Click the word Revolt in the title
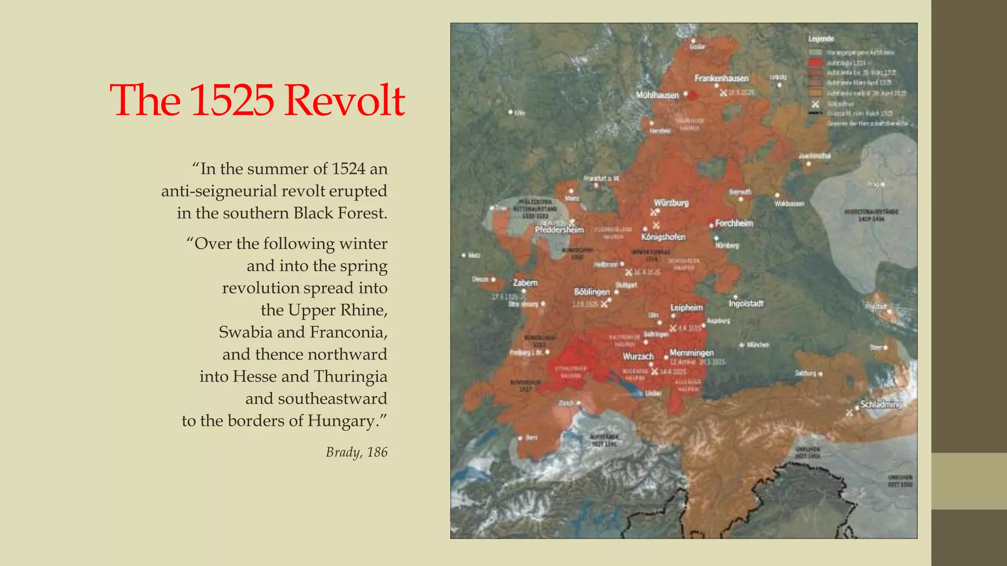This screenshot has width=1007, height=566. click(x=344, y=100)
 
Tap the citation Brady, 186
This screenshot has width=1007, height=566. click(x=356, y=452)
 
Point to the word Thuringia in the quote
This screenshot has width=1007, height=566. click(x=351, y=377)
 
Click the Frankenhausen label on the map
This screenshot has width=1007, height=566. click(x=721, y=79)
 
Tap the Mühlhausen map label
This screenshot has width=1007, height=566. click(x=657, y=95)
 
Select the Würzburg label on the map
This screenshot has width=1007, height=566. click(x=671, y=203)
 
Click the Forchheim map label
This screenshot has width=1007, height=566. click(x=734, y=224)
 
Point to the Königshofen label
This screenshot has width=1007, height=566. click(x=663, y=237)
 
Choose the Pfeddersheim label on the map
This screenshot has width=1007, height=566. click(x=559, y=230)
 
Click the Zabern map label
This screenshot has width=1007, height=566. click(x=525, y=283)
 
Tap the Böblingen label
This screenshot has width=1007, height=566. click(x=592, y=292)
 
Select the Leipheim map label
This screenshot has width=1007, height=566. click(x=686, y=308)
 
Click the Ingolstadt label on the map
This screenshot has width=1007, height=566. click(x=746, y=304)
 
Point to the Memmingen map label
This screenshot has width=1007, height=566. click(x=691, y=353)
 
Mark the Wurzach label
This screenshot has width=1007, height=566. click(x=638, y=357)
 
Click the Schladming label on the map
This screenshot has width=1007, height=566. click(x=881, y=405)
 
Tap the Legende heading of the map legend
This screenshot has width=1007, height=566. click(x=821, y=39)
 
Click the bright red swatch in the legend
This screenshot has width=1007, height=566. click(x=815, y=63)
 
